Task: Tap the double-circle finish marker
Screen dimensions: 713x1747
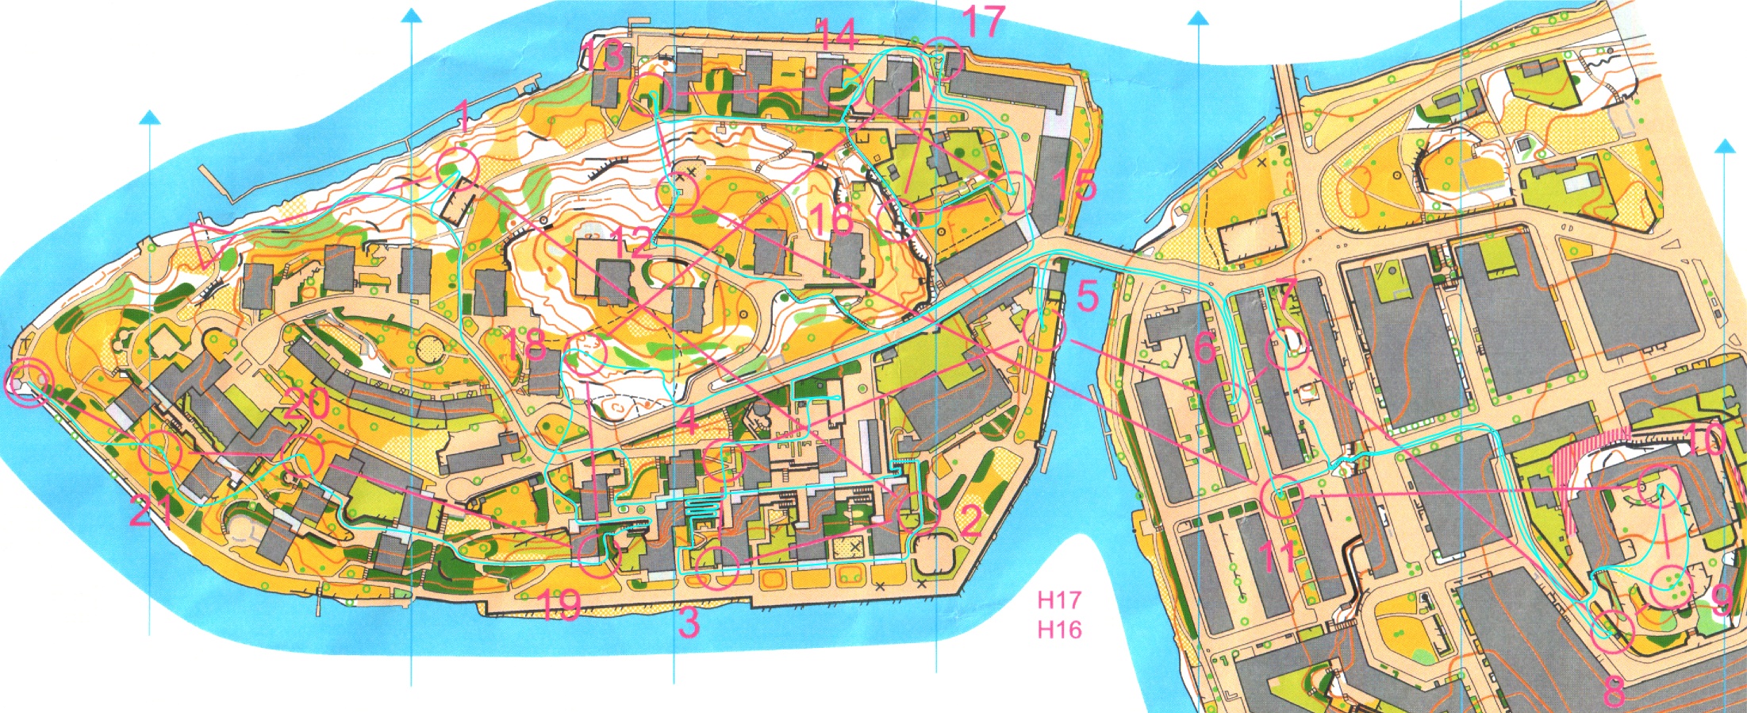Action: tap(29, 383)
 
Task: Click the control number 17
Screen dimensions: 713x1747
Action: tap(983, 21)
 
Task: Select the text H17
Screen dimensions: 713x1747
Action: tap(1059, 600)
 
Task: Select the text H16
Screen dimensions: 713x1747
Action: tap(1059, 630)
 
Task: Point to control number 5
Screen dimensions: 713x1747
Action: tap(1087, 296)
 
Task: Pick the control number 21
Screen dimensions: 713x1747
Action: tap(150, 514)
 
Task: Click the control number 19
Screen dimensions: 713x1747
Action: tap(560, 605)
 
